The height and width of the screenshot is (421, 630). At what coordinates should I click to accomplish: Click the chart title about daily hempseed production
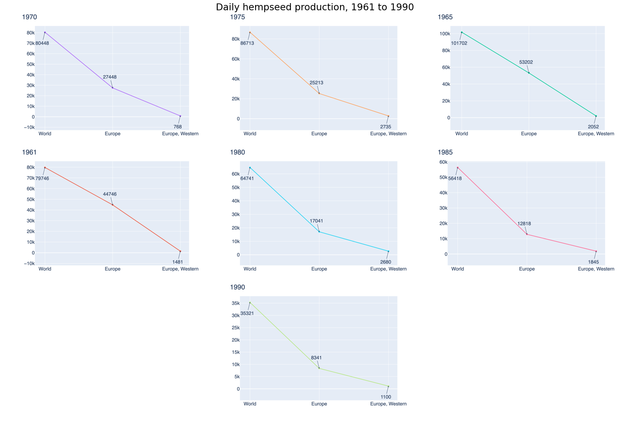pyautogui.click(x=315, y=7)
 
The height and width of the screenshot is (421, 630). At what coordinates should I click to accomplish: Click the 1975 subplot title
pyautogui.click(x=237, y=17)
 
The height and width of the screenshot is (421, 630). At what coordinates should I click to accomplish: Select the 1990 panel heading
pyautogui.click(x=237, y=287)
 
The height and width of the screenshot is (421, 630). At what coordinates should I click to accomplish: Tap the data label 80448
pyautogui.click(x=42, y=43)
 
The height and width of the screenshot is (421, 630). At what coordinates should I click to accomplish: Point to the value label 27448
pyautogui.click(x=110, y=77)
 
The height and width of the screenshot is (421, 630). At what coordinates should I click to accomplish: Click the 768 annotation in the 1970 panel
pyautogui.click(x=177, y=127)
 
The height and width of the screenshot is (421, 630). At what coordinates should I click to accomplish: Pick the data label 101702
pyautogui.click(x=459, y=43)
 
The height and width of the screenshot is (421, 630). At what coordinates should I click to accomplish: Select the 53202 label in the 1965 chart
pyautogui.click(x=526, y=62)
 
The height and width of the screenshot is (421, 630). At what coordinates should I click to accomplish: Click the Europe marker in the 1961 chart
pyautogui.click(x=113, y=205)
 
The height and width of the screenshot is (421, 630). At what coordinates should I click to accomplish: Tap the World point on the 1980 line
pyautogui.click(x=250, y=167)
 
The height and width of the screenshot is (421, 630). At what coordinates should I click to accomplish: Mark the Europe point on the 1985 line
pyautogui.click(x=527, y=234)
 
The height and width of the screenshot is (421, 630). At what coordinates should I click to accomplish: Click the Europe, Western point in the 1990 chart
pyautogui.click(x=388, y=386)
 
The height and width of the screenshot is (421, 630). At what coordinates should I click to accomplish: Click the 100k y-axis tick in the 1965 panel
pyautogui.click(x=443, y=34)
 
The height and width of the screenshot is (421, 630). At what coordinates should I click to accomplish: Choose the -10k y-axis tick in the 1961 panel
pyautogui.click(x=29, y=263)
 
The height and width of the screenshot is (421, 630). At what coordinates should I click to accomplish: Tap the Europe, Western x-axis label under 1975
pyautogui.click(x=388, y=134)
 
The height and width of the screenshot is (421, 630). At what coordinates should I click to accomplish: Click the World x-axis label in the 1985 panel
pyautogui.click(x=458, y=269)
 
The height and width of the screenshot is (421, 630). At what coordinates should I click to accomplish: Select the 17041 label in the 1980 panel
pyautogui.click(x=316, y=221)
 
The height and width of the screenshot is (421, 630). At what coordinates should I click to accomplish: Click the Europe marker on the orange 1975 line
pyautogui.click(x=319, y=93)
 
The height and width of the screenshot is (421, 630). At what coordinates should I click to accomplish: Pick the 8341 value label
pyautogui.click(x=316, y=358)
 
